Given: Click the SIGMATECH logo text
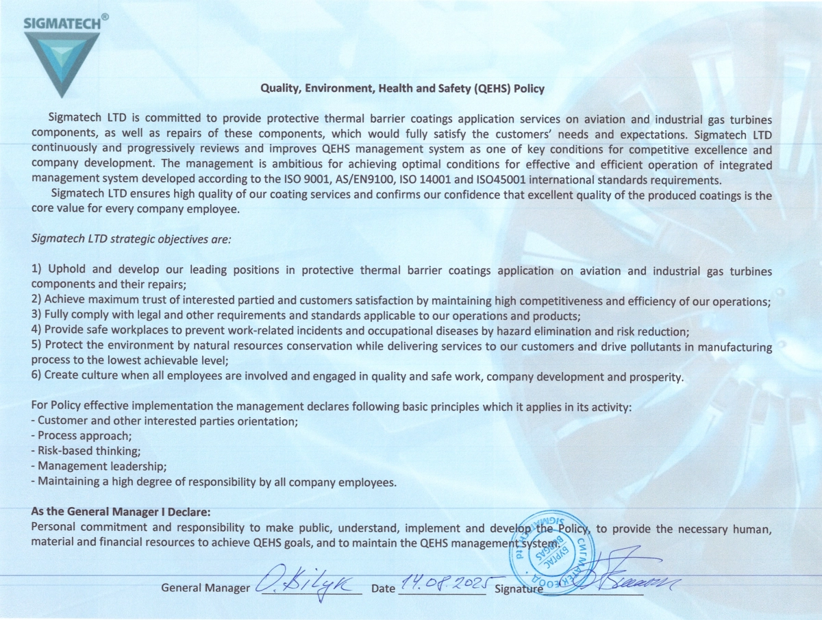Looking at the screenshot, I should pos(62,22).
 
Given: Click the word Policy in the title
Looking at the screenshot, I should pos(529,88).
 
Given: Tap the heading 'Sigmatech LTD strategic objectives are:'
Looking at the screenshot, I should pos(132,239).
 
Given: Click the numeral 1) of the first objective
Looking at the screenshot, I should pos(38,270).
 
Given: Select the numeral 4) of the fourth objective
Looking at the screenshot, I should pos(38,331).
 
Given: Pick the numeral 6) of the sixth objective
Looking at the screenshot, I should pos(38,376).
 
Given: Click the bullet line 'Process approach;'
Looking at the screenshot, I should pos(84,435).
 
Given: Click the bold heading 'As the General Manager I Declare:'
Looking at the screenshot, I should pos(121,512).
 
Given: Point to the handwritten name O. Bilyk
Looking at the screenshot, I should pos(308,584).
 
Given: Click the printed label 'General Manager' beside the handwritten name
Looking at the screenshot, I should pos(206,588).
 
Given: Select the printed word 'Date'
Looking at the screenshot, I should pos(383,588).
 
